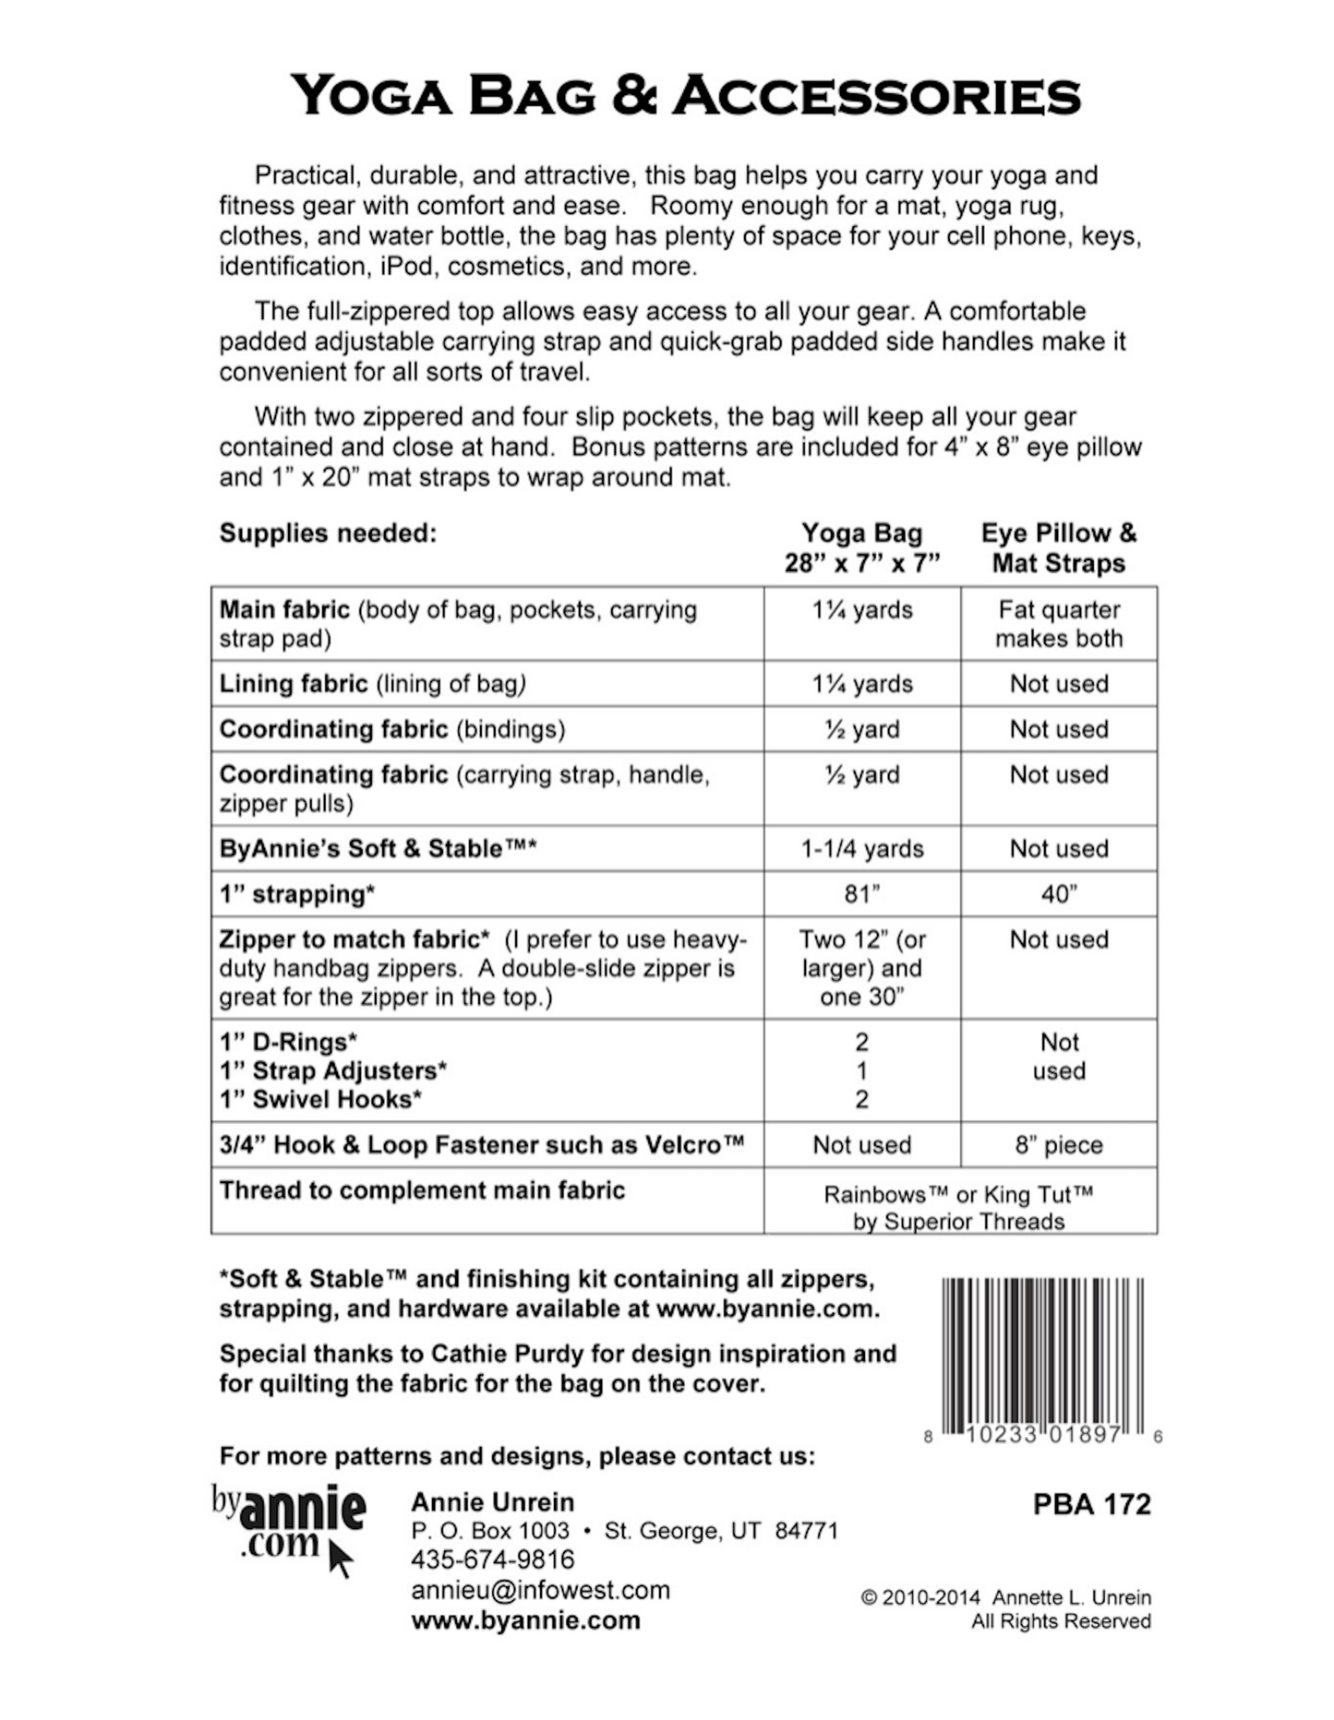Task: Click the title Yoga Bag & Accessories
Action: pos(685,96)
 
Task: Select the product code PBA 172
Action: pos(1091,1505)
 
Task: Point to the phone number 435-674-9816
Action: pos(493,1559)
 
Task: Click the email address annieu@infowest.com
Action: pos(541,1590)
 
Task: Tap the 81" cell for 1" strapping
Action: pos(861,894)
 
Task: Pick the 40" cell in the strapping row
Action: pos(1058,894)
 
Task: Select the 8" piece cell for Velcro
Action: pos(1058,1145)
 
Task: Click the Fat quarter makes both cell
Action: pos(1058,624)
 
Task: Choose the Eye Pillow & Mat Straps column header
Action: pos(1058,548)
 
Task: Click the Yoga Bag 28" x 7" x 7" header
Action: pos(861,548)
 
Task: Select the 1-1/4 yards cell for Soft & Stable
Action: pos(861,849)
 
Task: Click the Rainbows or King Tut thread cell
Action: pos(958,1208)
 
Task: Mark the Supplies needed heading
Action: pos(328,533)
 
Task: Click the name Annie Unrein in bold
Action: pos(493,1502)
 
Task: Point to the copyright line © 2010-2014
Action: pos(1005,1597)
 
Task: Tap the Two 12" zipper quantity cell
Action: pos(861,968)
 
